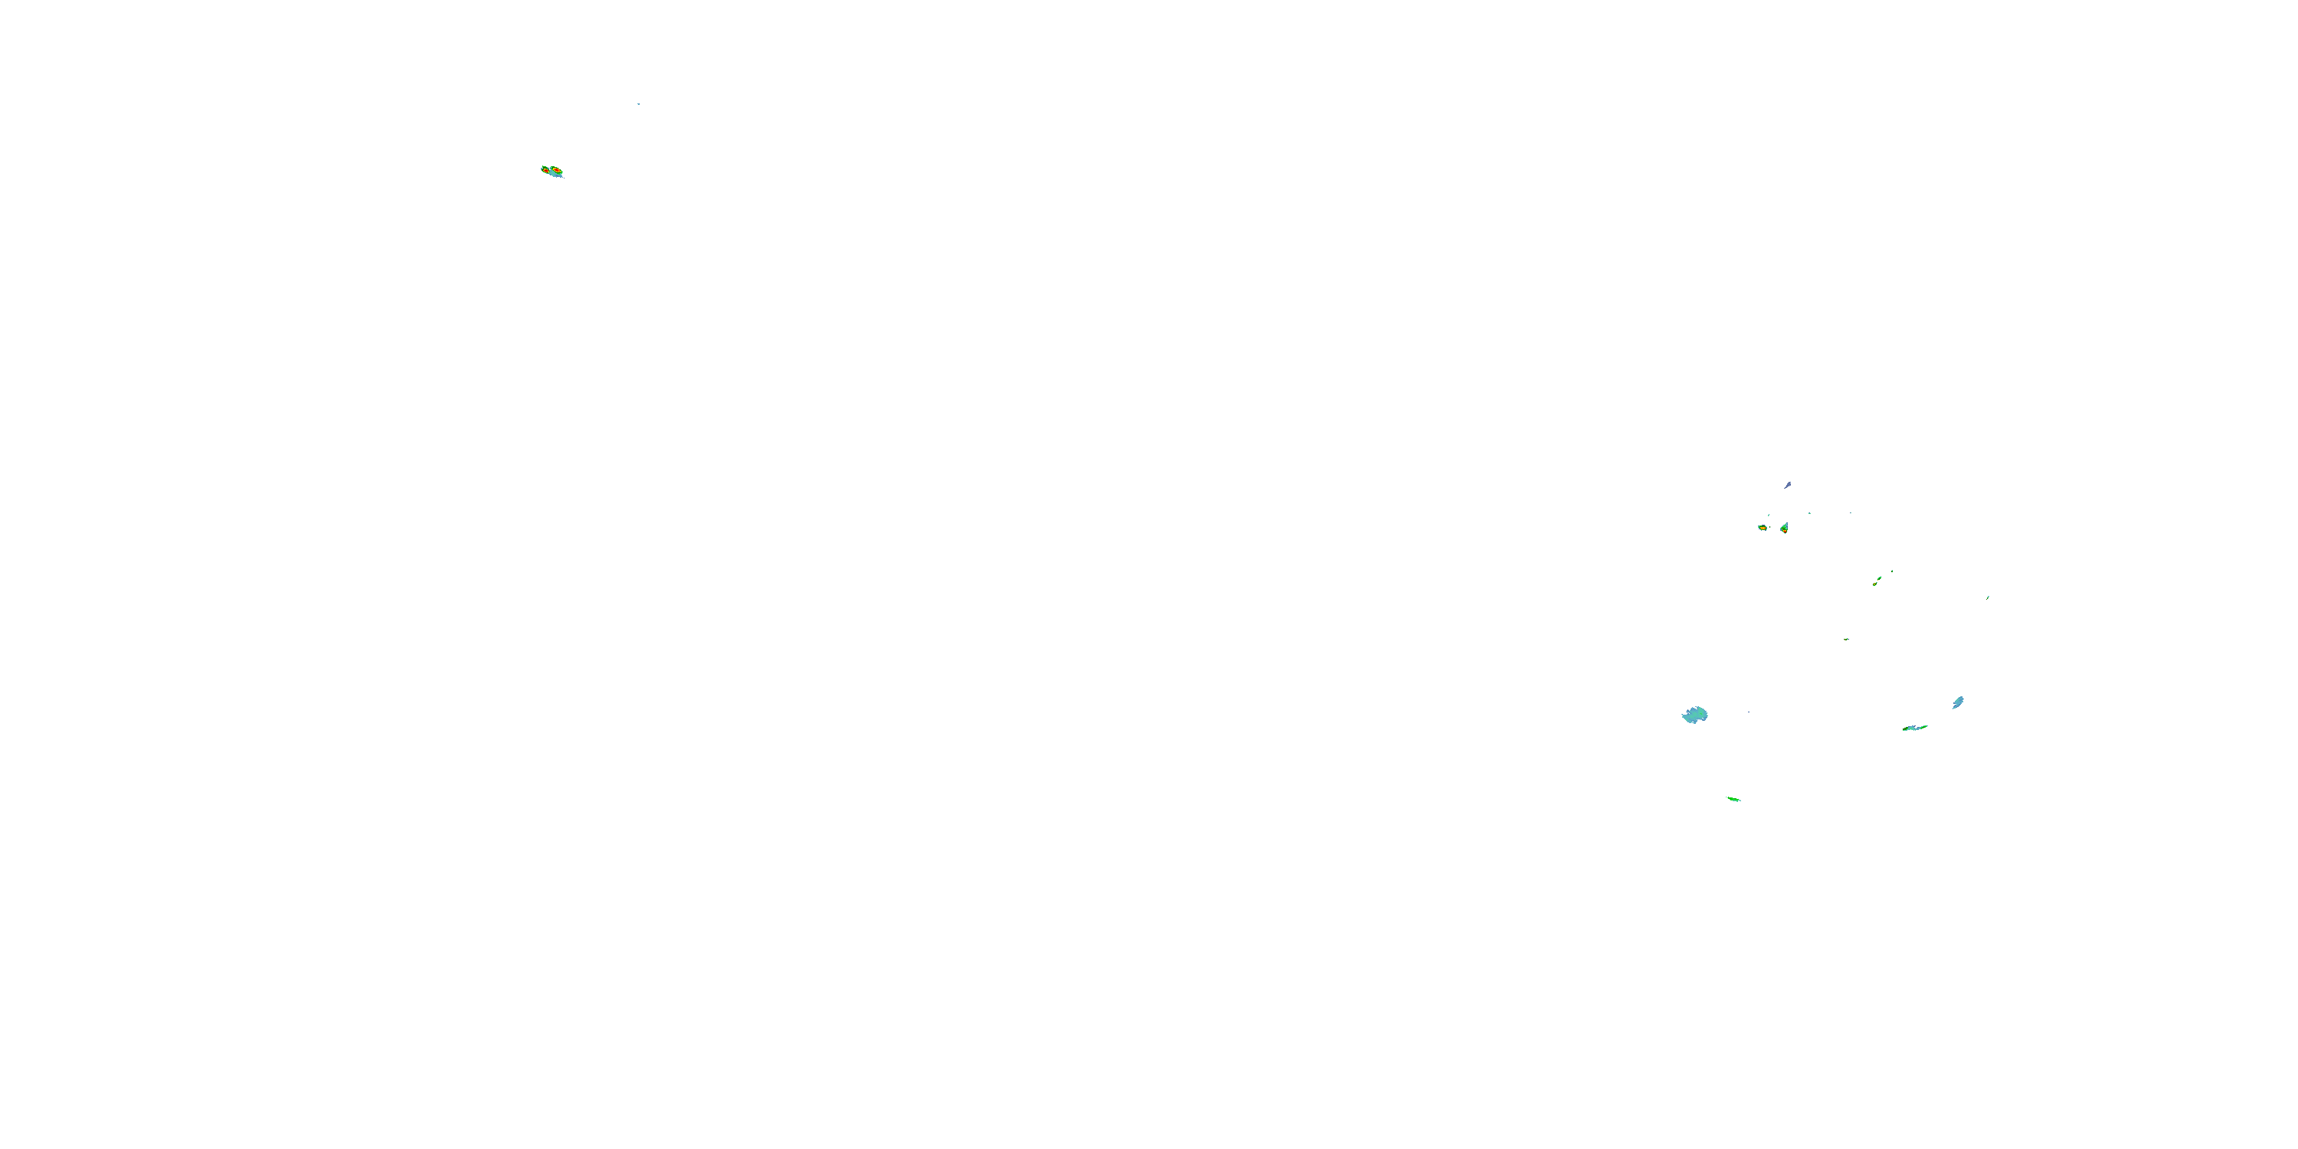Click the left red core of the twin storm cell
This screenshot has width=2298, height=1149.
(546, 172)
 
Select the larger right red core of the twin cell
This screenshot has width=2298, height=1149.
(558, 170)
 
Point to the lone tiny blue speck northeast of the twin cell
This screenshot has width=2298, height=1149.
(638, 104)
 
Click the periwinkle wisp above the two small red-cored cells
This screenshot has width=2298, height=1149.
(1788, 486)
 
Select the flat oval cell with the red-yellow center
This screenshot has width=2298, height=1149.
(1763, 528)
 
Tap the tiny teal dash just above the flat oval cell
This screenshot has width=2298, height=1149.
(1769, 515)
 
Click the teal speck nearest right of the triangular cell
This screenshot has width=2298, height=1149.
(1810, 513)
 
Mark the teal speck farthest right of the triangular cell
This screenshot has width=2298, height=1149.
(1851, 513)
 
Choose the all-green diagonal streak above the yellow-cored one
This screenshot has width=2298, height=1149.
(1880, 578)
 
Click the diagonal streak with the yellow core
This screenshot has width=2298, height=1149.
(1875, 584)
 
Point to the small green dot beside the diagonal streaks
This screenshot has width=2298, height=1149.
(1893, 571)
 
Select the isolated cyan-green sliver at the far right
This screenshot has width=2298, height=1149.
(1988, 597)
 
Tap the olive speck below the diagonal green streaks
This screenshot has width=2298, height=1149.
(1847, 640)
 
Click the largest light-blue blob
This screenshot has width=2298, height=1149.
(1695, 715)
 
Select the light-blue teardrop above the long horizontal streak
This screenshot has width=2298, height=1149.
(1958, 703)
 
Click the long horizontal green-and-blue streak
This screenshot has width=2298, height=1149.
(1914, 728)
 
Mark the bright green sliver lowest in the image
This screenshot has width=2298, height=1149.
(1733, 799)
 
